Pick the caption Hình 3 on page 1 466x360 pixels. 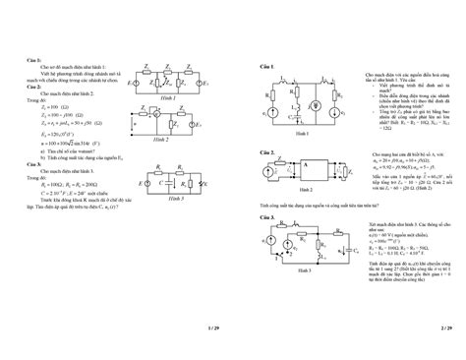click(x=173, y=197)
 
